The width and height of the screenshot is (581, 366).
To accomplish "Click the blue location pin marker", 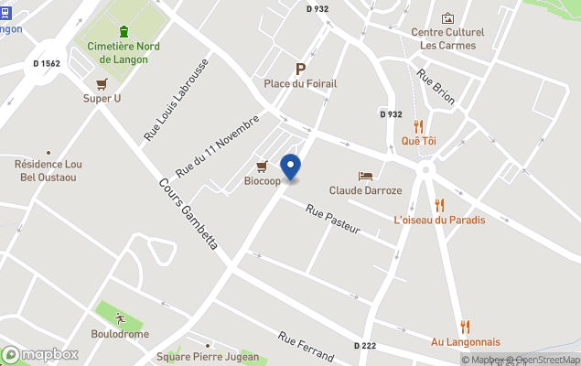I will click(290, 167).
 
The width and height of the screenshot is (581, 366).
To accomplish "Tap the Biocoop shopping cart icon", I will click(263, 166).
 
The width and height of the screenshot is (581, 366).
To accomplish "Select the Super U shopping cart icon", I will click(102, 83).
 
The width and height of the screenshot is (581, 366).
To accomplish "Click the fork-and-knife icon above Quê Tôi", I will click(418, 126).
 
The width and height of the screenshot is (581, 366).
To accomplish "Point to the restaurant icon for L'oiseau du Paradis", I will click(439, 205).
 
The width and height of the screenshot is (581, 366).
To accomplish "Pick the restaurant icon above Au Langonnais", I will click(465, 327).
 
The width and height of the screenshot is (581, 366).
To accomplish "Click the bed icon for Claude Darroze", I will click(365, 176).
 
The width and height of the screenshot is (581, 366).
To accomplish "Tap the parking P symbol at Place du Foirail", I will click(300, 69).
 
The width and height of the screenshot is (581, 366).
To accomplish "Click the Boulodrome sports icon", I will click(120, 318).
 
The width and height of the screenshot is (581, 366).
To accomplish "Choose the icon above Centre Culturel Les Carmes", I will click(447, 18).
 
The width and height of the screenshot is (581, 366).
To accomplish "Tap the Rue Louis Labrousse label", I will click(176, 100).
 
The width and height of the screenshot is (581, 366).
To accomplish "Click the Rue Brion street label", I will click(435, 87).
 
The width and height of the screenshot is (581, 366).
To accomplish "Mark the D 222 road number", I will click(365, 345).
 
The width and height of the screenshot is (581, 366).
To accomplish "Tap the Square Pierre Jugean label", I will click(207, 357).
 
